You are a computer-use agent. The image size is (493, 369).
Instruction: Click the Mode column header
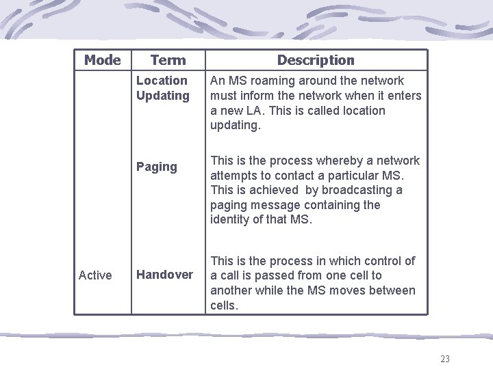point(102,60)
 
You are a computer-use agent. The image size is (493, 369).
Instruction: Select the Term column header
point(168,60)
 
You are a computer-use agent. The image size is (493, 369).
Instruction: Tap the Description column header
point(316,60)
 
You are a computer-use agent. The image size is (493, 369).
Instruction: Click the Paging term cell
point(156,167)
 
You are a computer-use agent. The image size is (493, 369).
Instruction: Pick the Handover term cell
point(164,275)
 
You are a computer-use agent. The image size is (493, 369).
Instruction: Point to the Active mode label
point(95,275)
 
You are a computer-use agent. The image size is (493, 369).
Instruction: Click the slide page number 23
point(445,359)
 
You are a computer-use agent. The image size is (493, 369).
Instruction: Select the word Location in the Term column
point(162,81)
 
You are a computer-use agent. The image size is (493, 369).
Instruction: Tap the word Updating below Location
point(163,96)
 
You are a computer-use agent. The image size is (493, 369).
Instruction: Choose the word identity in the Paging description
point(232,220)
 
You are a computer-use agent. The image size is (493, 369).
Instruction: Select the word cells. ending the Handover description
point(224,305)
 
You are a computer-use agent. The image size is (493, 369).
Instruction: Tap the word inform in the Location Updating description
point(257,96)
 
